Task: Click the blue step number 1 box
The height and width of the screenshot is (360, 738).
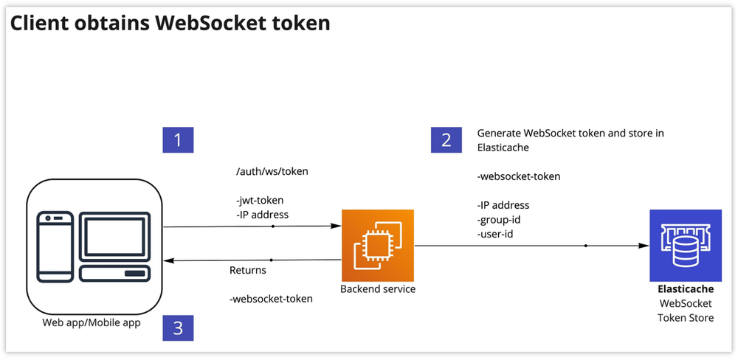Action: (x=178, y=139)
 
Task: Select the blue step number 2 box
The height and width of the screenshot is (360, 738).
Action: (x=446, y=139)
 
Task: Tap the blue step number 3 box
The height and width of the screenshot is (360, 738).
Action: (x=178, y=327)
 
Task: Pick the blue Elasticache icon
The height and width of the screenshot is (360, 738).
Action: (x=686, y=243)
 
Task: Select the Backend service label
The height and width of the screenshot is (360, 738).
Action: (x=378, y=289)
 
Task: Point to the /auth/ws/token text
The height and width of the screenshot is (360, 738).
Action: (x=272, y=171)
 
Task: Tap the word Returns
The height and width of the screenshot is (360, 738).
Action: (x=248, y=270)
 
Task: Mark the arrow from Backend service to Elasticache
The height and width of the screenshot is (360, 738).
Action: (x=528, y=246)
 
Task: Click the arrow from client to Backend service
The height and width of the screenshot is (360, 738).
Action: (x=252, y=226)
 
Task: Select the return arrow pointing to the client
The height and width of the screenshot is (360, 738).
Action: (x=252, y=260)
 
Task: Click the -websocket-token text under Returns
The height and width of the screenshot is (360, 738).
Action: (x=271, y=299)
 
